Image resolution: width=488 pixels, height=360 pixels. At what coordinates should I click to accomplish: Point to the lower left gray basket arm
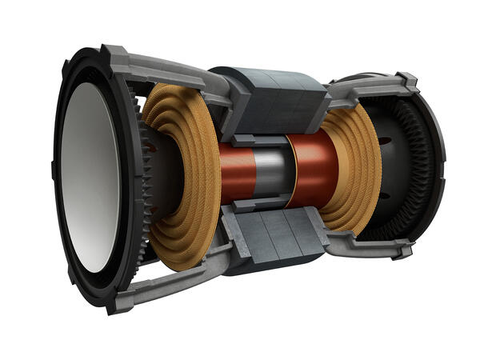(168, 268)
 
